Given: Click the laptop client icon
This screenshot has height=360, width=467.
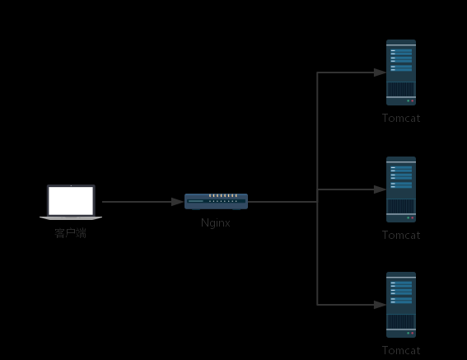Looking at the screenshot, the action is pyautogui.click(x=71, y=203).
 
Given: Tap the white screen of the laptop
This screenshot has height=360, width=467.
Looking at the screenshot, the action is pyautogui.click(x=71, y=200).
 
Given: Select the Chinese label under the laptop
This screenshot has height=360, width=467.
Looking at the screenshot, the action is pyautogui.click(x=71, y=233).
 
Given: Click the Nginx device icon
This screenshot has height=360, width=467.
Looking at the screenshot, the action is pyautogui.click(x=217, y=202).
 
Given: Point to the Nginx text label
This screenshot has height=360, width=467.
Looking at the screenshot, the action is pyautogui.click(x=216, y=223).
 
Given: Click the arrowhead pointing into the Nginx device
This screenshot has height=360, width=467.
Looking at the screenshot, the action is pyautogui.click(x=178, y=202).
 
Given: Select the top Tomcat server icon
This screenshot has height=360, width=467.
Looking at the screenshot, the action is pyautogui.click(x=401, y=72).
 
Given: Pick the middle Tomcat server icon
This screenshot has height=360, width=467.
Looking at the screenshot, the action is pyautogui.click(x=401, y=189).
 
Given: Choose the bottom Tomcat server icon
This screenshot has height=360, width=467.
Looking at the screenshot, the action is pyautogui.click(x=401, y=305).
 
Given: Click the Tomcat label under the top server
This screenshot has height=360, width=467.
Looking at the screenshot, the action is pyautogui.click(x=401, y=119).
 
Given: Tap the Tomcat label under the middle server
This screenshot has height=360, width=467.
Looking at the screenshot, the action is pyautogui.click(x=401, y=236).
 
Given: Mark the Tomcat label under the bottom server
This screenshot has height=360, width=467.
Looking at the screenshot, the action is pyautogui.click(x=401, y=351).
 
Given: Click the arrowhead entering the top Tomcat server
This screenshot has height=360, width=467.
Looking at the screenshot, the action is pyautogui.click(x=380, y=72).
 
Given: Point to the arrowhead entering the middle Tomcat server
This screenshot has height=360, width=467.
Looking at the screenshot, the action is pyautogui.click(x=380, y=189).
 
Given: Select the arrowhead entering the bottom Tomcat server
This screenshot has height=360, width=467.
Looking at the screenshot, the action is pyautogui.click(x=380, y=305).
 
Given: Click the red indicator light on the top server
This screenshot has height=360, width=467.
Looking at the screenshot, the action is pyautogui.click(x=413, y=101).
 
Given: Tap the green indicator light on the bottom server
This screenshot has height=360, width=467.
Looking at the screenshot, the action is pyautogui.click(x=409, y=333).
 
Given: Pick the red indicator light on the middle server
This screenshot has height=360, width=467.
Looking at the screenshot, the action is pyautogui.click(x=413, y=217).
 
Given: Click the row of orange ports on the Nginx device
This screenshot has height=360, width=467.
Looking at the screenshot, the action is pyautogui.click(x=223, y=195).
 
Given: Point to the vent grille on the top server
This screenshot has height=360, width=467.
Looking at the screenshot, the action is pyautogui.click(x=401, y=89).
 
